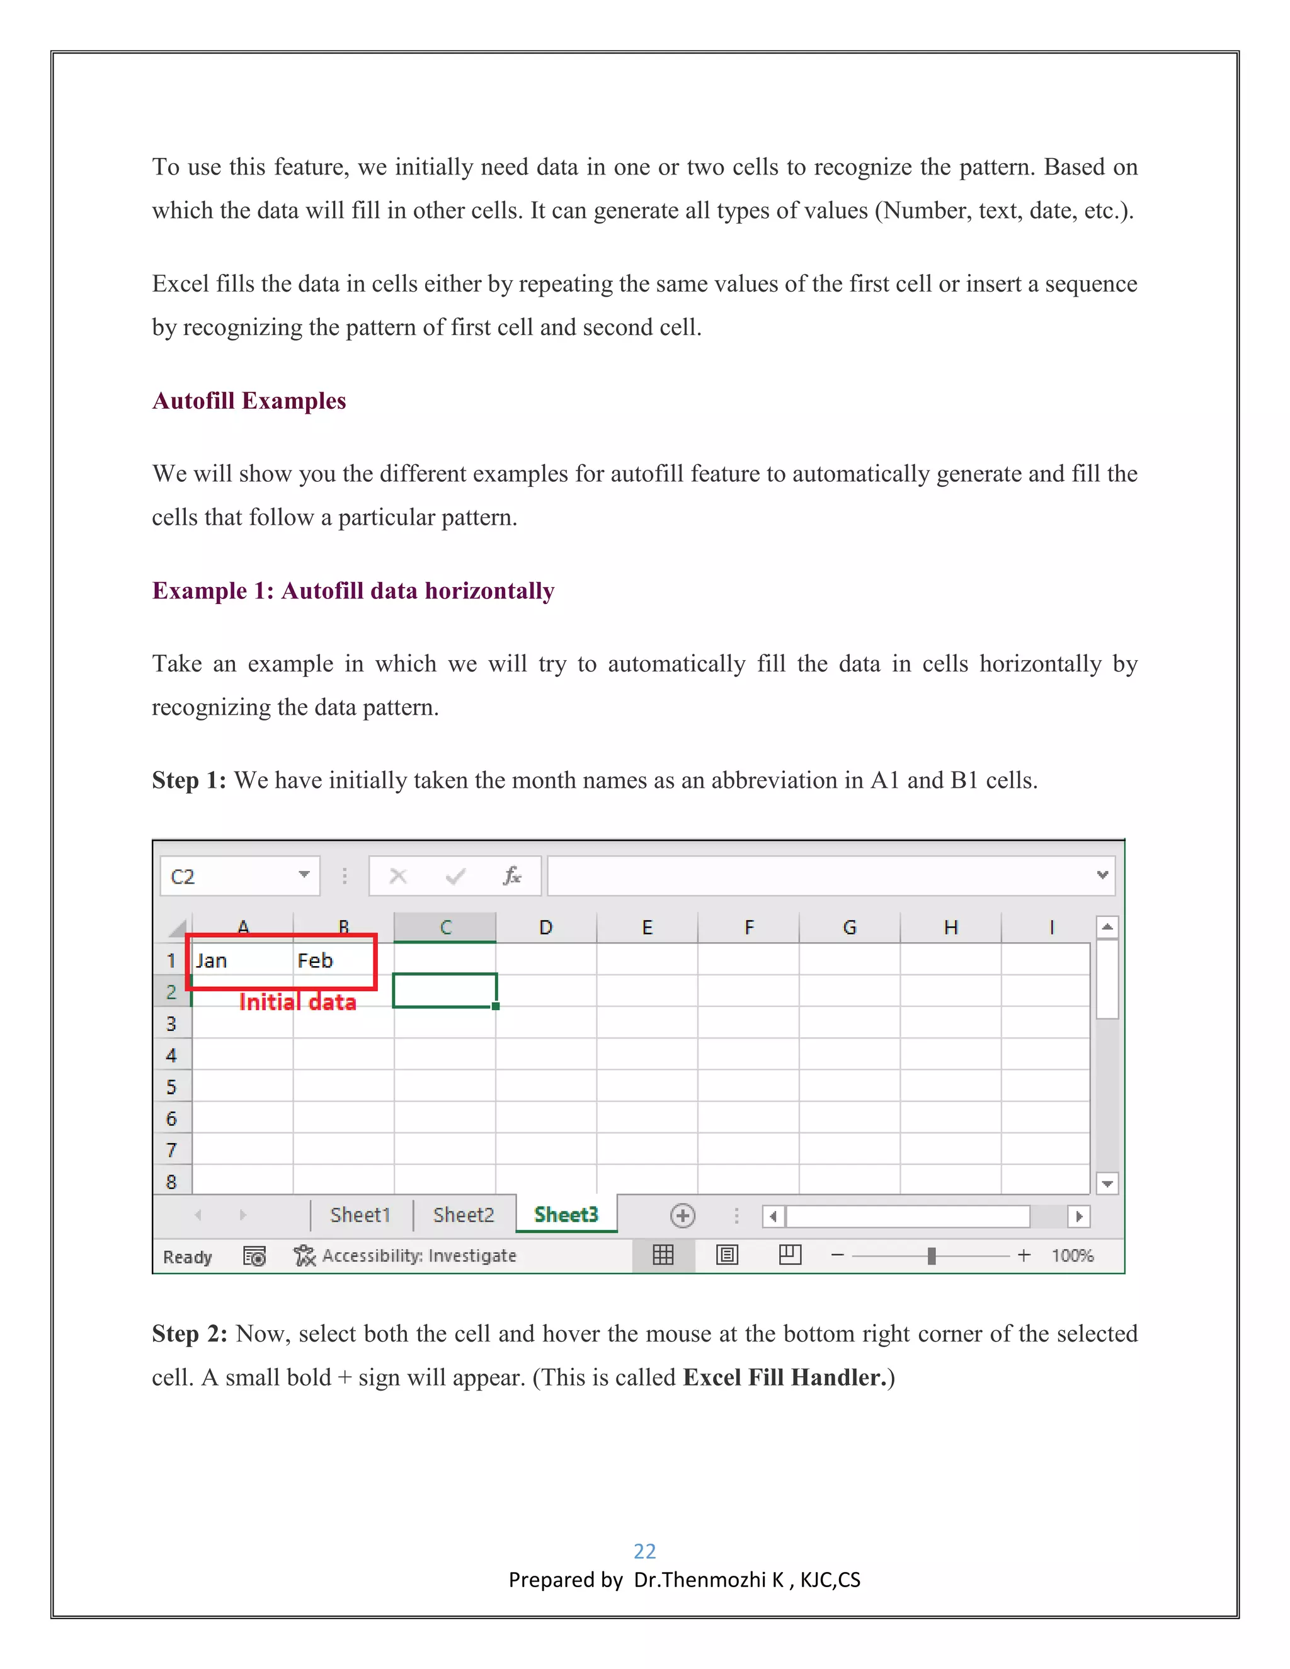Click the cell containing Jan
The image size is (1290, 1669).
point(229,960)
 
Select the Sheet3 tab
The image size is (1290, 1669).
point(566,1214)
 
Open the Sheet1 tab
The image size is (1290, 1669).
point(360,1215)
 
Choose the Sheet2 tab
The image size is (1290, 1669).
point(463,1215)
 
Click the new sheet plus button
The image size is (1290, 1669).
point(682,1215)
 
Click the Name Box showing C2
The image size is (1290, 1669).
point(229,876)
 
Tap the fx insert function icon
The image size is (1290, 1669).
point(512,876)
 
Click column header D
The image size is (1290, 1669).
point(545,928)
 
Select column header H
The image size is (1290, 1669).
point(950,928)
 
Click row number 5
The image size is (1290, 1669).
point(171,1086)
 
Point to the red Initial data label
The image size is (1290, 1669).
point(298,1002)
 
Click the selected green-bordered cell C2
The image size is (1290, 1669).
point(445,991)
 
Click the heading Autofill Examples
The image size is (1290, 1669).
point(249,401)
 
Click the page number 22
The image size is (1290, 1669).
point(644,1551)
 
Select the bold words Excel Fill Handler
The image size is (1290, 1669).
point(784,1377)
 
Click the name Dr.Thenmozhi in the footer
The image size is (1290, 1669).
point(699,1580)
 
